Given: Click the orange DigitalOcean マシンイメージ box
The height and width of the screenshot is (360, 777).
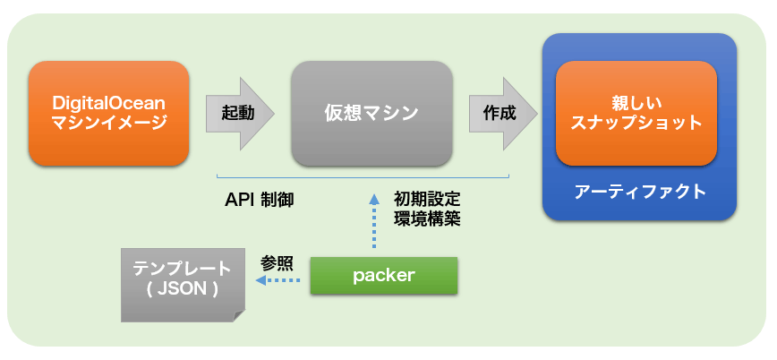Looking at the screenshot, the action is tap(108, 113).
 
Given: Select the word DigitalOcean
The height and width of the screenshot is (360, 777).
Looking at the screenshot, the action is tap(108, 103).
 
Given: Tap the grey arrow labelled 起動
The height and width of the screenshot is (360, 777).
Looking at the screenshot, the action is tap(240, 113).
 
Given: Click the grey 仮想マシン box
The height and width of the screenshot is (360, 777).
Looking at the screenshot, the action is tap(371, 113).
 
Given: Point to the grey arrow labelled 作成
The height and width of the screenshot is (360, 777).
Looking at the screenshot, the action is tap(503, 113).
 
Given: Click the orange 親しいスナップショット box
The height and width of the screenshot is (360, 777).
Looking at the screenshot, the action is tap(636, 113).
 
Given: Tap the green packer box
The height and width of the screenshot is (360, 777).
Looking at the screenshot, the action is tap(383, 276).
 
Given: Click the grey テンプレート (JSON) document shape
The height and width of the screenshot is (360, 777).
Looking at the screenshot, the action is tap(183, 285).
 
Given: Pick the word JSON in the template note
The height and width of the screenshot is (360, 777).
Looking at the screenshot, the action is tap(182, 289).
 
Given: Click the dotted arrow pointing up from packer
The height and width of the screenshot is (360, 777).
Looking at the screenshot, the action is tap(373, 222).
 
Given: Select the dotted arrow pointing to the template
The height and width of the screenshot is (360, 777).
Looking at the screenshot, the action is tap(278, 280).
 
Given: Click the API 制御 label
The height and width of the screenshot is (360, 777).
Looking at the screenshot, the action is tap(260, 200).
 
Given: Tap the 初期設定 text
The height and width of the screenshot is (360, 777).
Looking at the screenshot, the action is tap(427, 200).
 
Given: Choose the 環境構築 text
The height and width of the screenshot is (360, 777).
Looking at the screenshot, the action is tap(427, 219).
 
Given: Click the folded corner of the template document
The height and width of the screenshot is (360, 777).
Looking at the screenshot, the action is tap(239, 316).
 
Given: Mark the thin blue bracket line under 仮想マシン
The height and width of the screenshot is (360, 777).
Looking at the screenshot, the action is tap(363, 176).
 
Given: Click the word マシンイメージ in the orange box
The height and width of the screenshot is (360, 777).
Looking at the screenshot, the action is tap(108, 122).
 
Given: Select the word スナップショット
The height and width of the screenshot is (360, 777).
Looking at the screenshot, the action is tap(636, 123).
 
